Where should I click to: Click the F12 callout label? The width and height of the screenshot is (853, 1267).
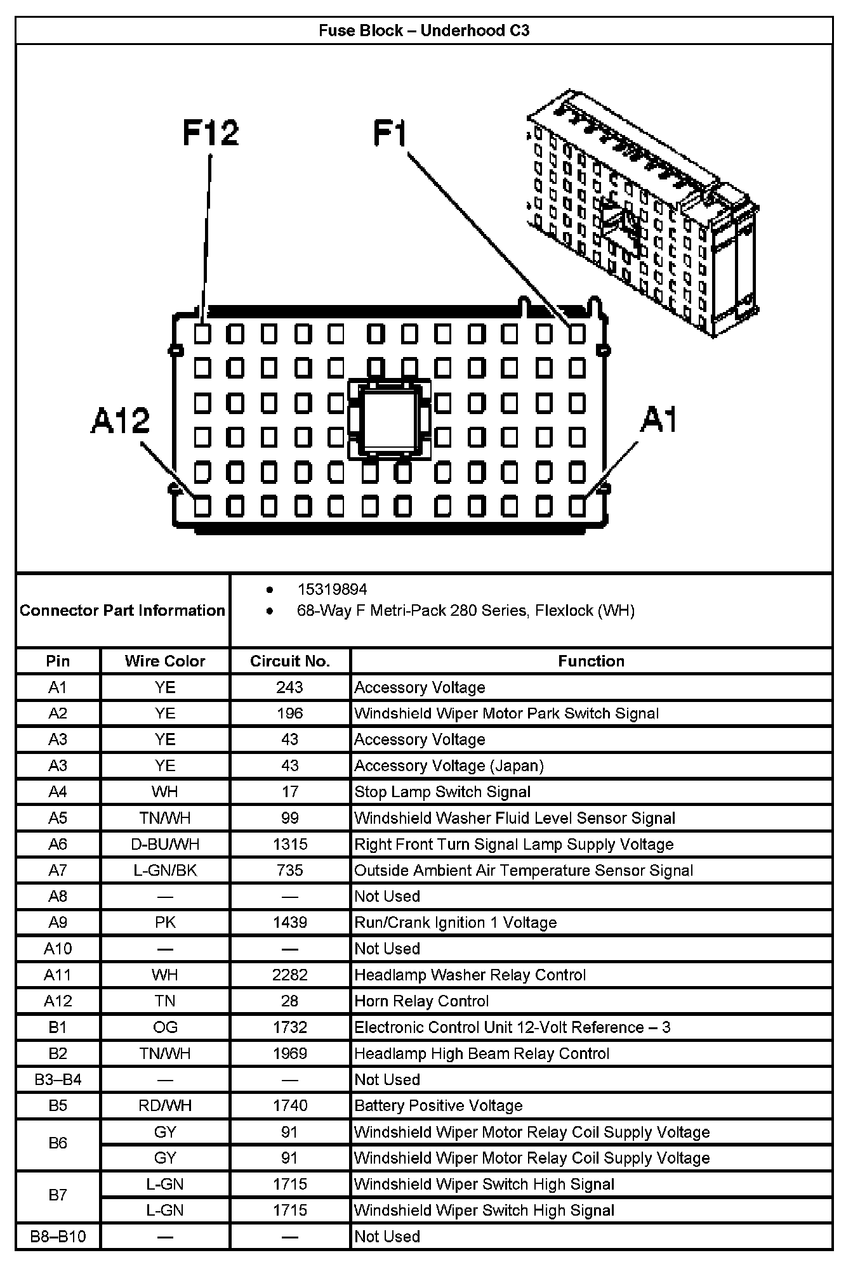pos(211,133)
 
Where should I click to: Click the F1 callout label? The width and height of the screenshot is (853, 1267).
pos(389,134)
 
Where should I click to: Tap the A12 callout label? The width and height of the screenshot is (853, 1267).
pos(121,420)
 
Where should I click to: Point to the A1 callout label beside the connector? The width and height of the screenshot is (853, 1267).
pos(659,420)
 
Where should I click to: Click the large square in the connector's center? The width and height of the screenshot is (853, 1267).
pos(388,418)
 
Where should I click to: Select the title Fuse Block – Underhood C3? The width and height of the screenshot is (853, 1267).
pos(424,30)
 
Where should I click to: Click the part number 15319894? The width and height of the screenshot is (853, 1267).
pos(332,590)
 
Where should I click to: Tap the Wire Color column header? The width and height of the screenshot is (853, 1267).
pos(165,661)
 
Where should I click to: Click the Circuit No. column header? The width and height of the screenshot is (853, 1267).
pos(290,661)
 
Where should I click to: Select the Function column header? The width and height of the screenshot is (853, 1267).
pos(591,661)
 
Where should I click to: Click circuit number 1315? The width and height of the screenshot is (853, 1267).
pos(290,845)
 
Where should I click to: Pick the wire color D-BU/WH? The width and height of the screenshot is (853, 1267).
pos(165,845)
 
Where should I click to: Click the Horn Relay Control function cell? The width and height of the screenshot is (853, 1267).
pos(421,1001)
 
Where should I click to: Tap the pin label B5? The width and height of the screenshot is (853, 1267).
pos(58,1106)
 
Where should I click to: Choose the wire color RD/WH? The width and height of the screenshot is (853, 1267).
pos(165,1106)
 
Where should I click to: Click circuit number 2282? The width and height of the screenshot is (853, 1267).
pos(290,975)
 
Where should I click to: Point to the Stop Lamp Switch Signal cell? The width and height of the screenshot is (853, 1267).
pos(442,792)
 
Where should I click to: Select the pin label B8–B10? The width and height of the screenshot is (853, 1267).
pos(58,1237)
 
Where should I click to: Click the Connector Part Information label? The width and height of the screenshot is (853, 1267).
pos(122,611)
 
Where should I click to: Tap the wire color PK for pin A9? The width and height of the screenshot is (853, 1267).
pos(165,923)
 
